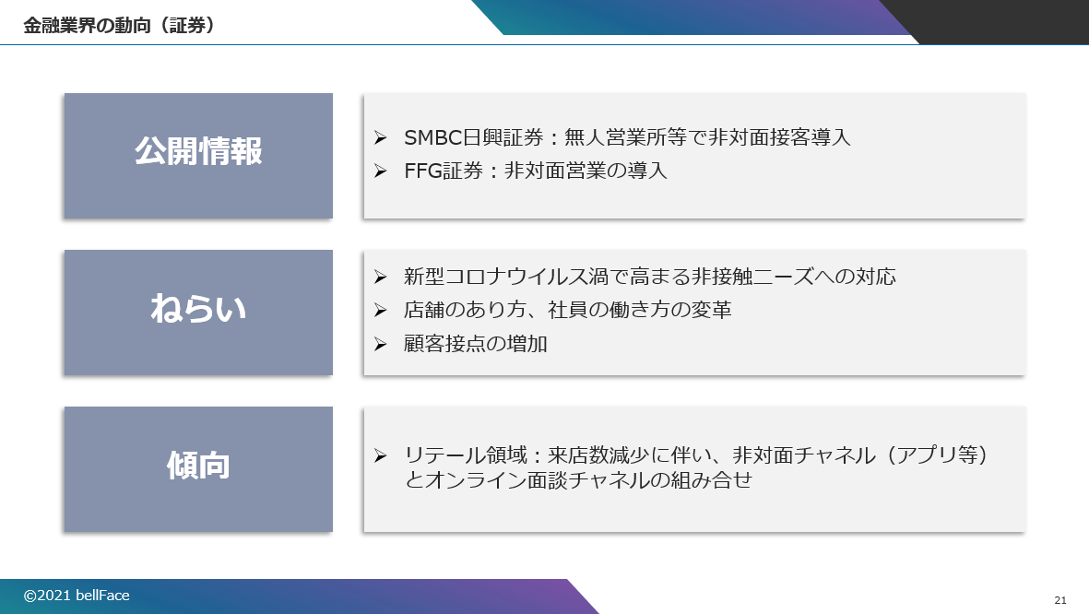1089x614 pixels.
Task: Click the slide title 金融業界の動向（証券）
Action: click(x=119, y=26)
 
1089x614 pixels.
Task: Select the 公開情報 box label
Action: click(x=198, y=150)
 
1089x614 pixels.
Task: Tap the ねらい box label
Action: click(x=198, y=309)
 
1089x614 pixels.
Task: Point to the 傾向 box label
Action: click(x=198, y=466)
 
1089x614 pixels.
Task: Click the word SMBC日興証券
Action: click(x=474, y=137)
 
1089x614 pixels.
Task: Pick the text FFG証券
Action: click(x=444, y=171)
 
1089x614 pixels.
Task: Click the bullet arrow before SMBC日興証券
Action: click(x=380, y=137)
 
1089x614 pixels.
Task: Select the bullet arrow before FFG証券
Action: click(x=380, y=171)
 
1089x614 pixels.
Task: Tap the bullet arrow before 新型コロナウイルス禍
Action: click(x=380, y=277)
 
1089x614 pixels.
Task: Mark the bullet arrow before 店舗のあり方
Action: click(x=380, y=310)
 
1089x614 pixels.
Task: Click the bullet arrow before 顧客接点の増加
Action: click(x=380, y=344)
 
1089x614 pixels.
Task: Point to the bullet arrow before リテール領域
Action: click(x=380, y=455)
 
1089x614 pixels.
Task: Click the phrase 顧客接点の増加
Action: click(x=476, y=344)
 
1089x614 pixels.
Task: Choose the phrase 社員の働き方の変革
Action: click(x=640, y=310)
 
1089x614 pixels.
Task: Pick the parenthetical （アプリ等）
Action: click(x=935, y=455)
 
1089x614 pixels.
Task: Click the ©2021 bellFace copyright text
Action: click(x=77, y=596)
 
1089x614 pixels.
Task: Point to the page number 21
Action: click(x=1059, y=600)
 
